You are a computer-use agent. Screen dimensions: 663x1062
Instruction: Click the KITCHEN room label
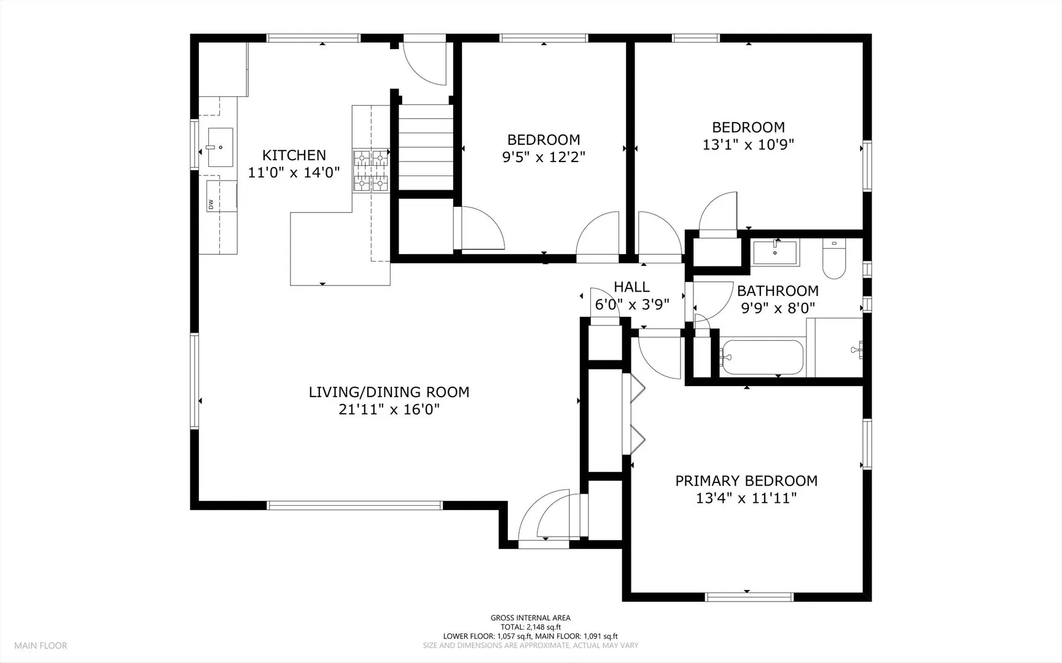pyautogui.click(x=294, y=155)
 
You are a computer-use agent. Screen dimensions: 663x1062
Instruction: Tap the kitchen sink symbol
pyautogui.click(x=220, y=147)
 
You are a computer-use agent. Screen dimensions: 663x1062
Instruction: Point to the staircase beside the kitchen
pyautogui.click(x=426, y=147)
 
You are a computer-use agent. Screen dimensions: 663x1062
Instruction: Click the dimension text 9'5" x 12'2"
pyautogui.click(x=544, y=157)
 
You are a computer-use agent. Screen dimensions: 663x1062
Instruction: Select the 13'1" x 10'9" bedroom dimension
pyautogui.click(x=748, y=145)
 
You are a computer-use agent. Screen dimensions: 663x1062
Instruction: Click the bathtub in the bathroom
pyautogui.click(x=762, y=357)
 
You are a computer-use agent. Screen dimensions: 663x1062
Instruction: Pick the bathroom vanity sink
pyautogui.click(x=775, y=252)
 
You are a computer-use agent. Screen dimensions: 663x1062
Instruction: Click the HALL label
pyautogui.click(x=631, y=287)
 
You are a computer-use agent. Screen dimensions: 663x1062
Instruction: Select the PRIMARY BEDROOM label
pyautogui.click(x=746, y=481)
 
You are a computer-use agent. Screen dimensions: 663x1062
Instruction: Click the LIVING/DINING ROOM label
pyautogui.click(x=389, y=392)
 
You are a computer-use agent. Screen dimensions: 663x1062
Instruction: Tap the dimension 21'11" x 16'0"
pyautogui.click(x=389, y=409)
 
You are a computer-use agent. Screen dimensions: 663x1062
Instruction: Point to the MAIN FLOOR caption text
pyautogui.click(x=41, y=645)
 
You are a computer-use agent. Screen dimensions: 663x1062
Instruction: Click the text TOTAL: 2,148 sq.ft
pyautogui.click(x=530, y=627)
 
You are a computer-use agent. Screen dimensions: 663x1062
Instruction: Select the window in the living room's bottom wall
pyautogui.click(x=354, y=506)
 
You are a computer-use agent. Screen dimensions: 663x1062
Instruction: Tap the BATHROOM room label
pyautogui.click(x=778, y=290)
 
